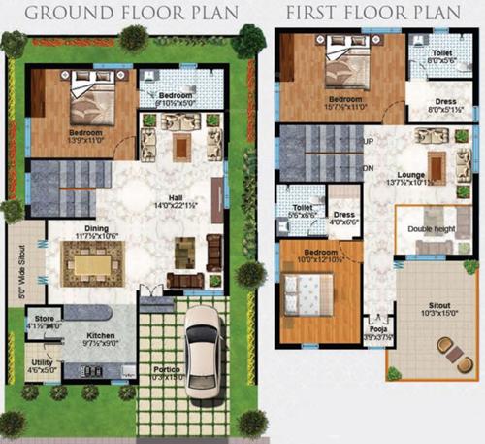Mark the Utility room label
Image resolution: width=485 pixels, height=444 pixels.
click(x=40, y=364)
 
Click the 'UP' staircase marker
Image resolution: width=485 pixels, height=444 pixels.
click(x=369, y=142)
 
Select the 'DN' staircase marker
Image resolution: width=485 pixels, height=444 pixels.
click(x=369, y=167)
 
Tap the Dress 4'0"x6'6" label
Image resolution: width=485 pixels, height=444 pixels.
click(x=344, y=218)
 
